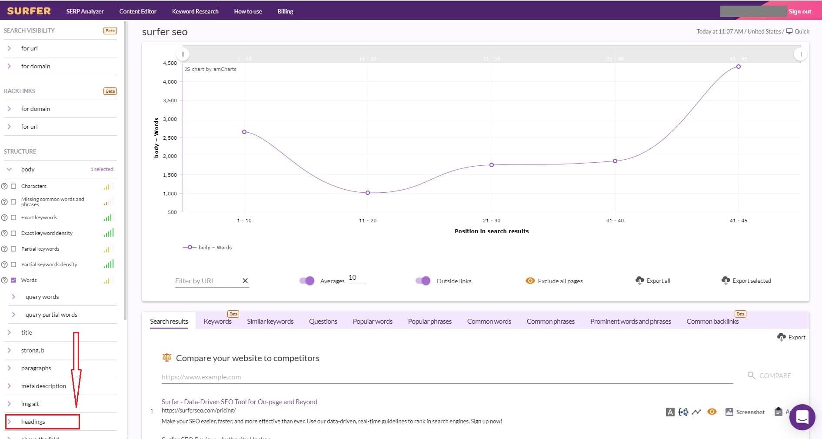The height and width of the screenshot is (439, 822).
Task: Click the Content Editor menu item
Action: pyautogui.click(x=137, y=11)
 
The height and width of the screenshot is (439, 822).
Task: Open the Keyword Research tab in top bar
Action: pyautogui.click(x=195, y=11)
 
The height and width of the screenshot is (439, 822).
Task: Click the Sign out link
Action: pyautogui.click(x=799, y=11)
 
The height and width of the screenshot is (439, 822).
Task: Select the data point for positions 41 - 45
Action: pyautogui.click(x=738, y=67)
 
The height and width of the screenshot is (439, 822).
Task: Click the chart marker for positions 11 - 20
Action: pyautogui.click(x=368, y=193)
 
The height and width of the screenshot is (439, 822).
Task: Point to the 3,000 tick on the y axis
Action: pyautogui.click(x=170, y=119)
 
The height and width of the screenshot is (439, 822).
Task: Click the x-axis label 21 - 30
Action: pyautogui.click(x=491, y=221)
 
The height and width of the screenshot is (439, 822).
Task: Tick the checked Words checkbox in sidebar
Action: pyautogui.click(x=13, y=280)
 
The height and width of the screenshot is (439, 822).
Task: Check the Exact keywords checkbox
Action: pyautogui.click(x=13, y=218)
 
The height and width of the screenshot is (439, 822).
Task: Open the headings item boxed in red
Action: pyautogui.click(x=33, y=422)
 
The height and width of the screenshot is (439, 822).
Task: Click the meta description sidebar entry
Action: pyautogui.click(x=43, y=386)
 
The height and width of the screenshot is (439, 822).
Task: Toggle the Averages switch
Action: pyautogui.click(x=307, y=281)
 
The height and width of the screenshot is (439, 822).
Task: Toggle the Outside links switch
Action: pyautogui.click(x=423, y=281)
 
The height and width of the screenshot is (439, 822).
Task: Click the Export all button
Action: pyautogui.click(x=653, y=281)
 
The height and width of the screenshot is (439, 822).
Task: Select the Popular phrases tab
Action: pyautogui.click(x=429, y=322)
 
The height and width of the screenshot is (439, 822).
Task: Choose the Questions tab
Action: pyautogui.click(x=323, y=322)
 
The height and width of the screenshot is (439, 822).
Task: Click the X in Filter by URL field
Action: pyautogui.click(x=245, y=281)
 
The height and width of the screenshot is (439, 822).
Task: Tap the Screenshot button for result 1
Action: pyautogui.click(x=745, y=412)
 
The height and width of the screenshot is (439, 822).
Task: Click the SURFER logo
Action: pyautogui.click(x=29, y=11)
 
